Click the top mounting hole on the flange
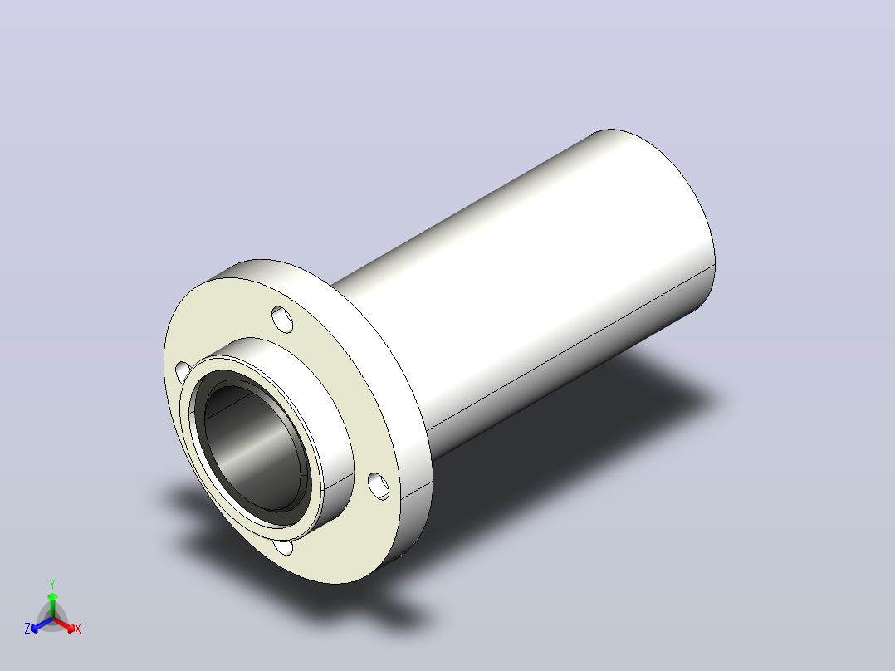tap(282, 319)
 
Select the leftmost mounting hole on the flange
tap(182, 372)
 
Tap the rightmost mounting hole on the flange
tap(379, 486)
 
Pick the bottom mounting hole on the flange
tap(284, 547)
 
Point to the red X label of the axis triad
tap(78, 629)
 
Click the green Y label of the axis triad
tap(52, 584)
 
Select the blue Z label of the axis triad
tap(27, 629)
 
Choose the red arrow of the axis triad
tap(64, 624)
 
